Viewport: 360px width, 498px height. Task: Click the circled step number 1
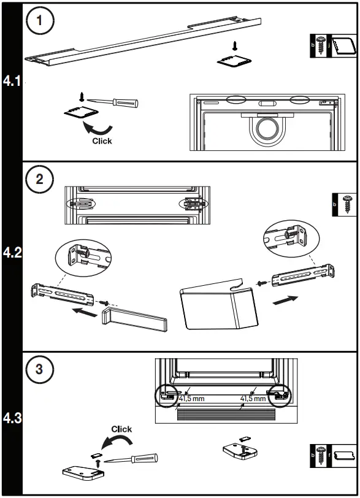[40, 21]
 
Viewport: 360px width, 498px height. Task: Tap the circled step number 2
[40, 179]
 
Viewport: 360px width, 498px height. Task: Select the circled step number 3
[40, 369]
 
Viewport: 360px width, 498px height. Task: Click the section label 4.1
[12, 81]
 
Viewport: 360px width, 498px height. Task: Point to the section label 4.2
[12, 253]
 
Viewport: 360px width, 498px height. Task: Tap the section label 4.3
[12, 418]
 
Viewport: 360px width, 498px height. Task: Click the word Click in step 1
[102, 141]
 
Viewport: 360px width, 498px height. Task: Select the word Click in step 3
[121, 429]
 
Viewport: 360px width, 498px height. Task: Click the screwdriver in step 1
[113, 102]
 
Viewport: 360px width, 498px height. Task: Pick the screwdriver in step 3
[131, 459]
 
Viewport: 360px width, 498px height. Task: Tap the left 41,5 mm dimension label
[191, 399]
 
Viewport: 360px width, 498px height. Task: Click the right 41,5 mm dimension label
[253, 399]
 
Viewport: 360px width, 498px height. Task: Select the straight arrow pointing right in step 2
[285, 300]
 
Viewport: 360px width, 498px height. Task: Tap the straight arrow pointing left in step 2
[85, 312]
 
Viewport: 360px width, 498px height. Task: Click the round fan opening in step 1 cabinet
[268, 130]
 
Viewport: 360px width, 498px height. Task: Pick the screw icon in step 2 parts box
[347, 204]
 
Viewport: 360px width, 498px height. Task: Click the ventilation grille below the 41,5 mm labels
[226, 414]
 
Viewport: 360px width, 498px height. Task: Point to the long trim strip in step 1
[143, 41]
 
